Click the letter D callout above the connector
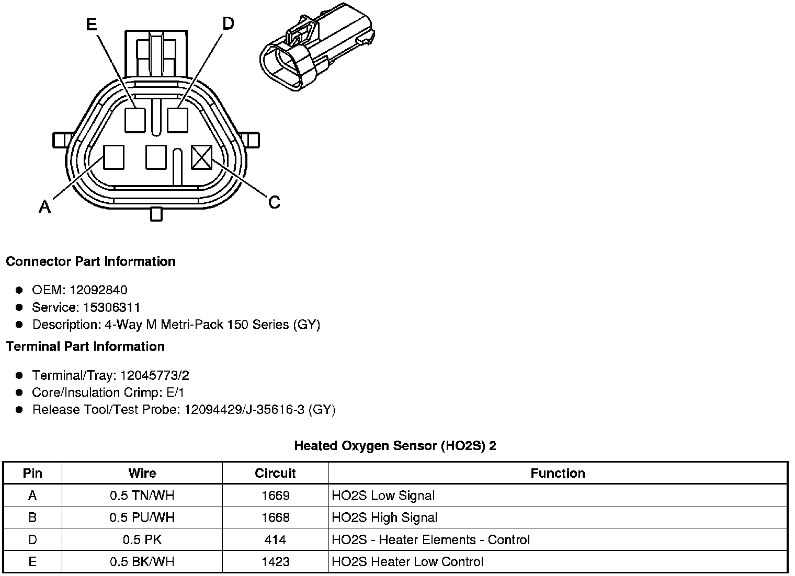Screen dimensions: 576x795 pyautogui.click(x=228, y=24)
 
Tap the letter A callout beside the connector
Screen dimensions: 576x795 pyautogui.click(x=45, y=207)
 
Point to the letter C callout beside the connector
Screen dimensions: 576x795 pyautogui.click(x=274, y=202)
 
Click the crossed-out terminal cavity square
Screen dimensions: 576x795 pyautogui.click(x=201, y=157)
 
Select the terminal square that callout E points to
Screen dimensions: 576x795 pyautogui.click(x=135, y=120)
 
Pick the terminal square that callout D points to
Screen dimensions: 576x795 pyautogui.click(x=177, y=120)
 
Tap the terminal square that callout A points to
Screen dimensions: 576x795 pyautogui.click(x=113, y=157)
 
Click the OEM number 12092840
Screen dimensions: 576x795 pyautogui.click(x=98, y=290)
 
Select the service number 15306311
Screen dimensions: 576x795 pyautogui.click(x=111, y=307)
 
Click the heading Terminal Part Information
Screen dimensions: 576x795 pyautogui.click(x=85, y=347)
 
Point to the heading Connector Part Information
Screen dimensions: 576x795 pyautogui.click(x=90, y=261)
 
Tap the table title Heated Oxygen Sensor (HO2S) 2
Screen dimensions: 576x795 pyautogui.click(x=395, y=446)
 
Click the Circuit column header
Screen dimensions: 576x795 pyautogui.click(x=275, y=474)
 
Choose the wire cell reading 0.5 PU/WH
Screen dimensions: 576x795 pyautogui.click(x=142, y=517)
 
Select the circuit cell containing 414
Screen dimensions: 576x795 pyautogui.click(x=275, y=539)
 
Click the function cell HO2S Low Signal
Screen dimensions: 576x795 pyautogui.click(x=383, y=496)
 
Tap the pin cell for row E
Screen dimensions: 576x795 pyautogui.click(x=32, y=561)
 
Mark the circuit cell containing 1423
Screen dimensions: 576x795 pyautogui.click(x=275, y=561)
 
